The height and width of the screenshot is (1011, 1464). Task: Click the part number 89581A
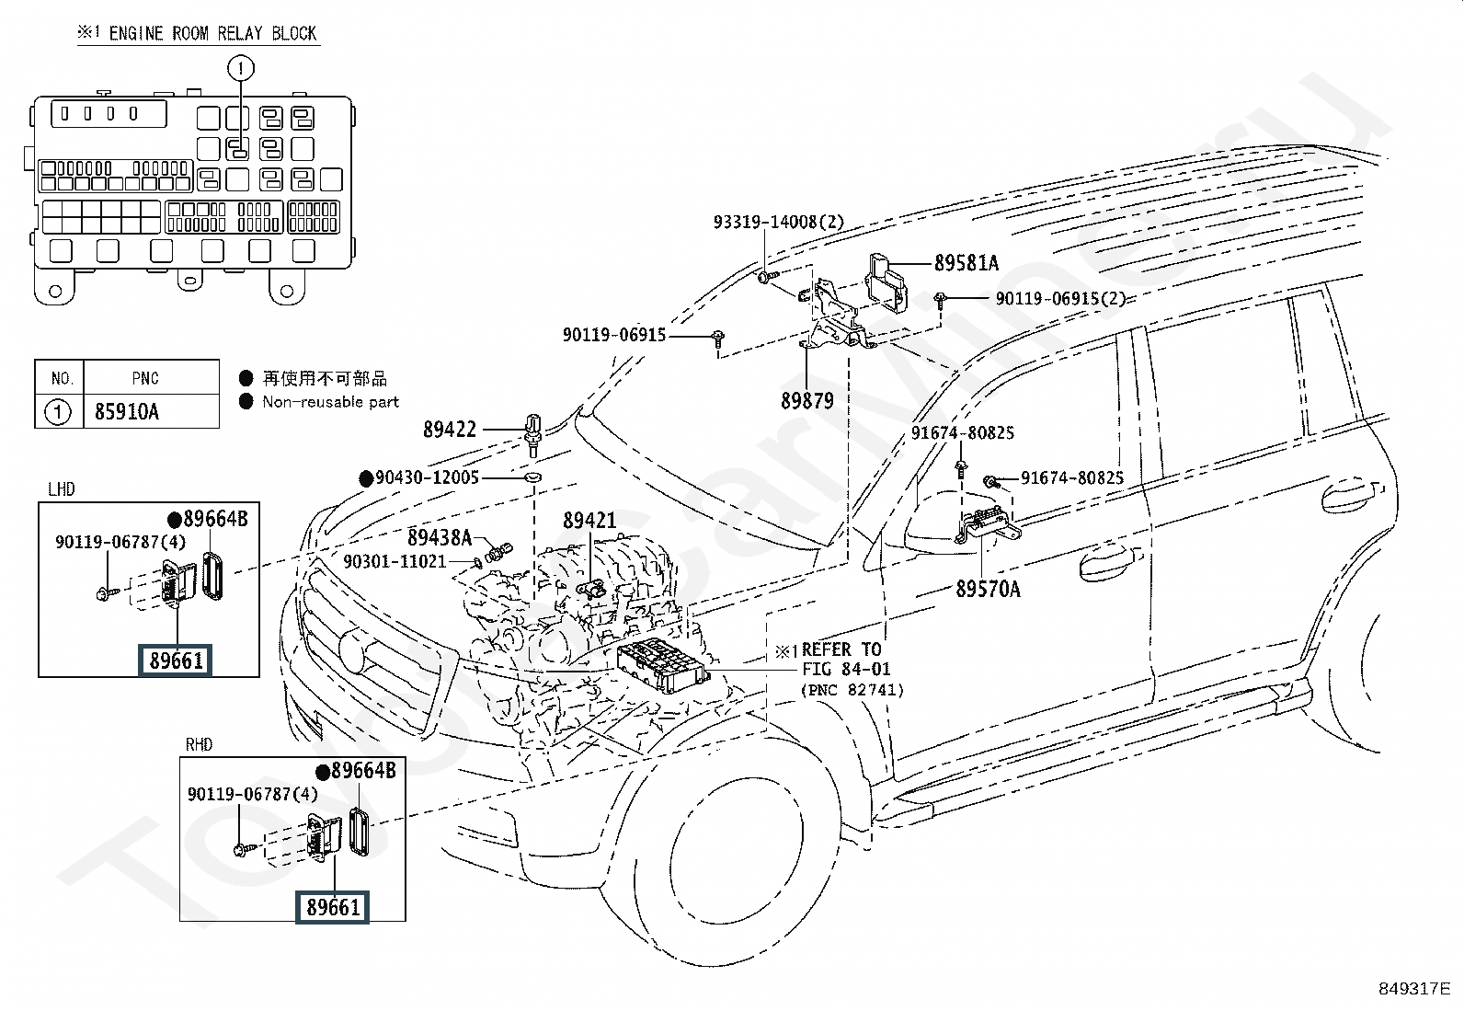[x=966, y=263]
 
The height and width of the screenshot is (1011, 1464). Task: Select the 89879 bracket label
[x=806, y=401]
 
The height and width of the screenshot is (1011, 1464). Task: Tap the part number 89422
[x=450, y=430]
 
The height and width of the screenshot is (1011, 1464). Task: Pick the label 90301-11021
[x=395, y=561]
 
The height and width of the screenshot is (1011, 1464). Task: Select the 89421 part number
[x=589, y=522]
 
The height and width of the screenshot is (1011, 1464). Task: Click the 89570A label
[x=988, y=589]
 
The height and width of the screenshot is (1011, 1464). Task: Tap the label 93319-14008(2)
[x=778, y=223]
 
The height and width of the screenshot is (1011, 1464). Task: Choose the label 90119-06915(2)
[x=1060, y=298]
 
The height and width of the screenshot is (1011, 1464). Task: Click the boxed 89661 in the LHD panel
[x=175, y=661]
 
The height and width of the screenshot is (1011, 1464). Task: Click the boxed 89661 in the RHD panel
[x=332, y=907]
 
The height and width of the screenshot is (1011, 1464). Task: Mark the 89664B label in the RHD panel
[x=363, y=771]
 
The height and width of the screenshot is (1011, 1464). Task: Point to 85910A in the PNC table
[x=127, y=411]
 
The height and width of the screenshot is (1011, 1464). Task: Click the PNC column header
[x=144, y=378]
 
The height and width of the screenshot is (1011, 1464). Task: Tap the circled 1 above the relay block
[x=240, y=67]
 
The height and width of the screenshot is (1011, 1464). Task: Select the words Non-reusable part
[x=330, y=402]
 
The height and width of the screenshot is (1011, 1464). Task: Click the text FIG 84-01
[x=845, y=670]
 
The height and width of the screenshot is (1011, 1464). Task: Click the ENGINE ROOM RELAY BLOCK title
[x=212, y=34]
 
